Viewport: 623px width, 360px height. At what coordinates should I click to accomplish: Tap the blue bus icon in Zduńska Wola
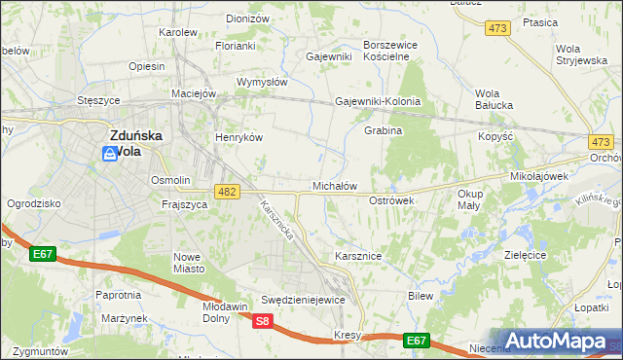point(109,154)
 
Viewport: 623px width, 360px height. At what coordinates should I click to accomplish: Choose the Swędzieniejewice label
point(303,300)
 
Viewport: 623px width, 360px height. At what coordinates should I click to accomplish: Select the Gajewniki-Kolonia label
point(378,101)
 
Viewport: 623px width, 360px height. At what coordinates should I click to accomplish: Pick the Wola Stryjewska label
point(581,54)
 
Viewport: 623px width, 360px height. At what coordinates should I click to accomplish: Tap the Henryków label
point(239,138)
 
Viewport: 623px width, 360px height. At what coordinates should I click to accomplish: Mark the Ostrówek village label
point(392,200)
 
